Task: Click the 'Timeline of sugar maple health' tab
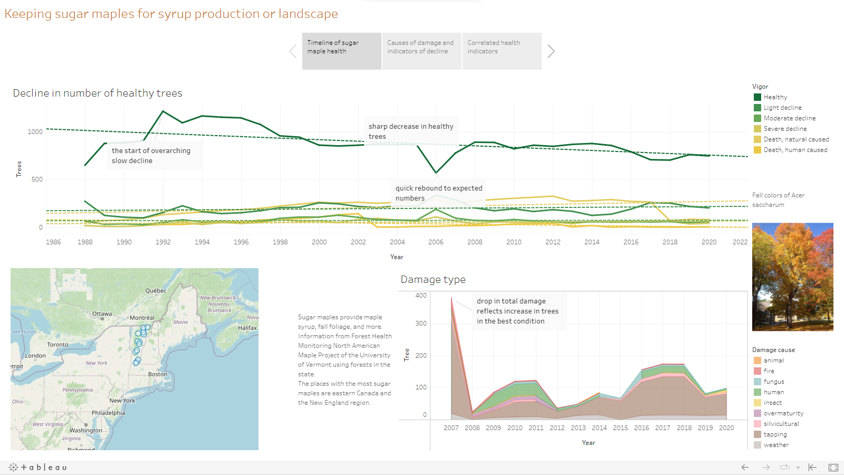[341, 51]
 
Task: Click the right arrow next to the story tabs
[551, 51]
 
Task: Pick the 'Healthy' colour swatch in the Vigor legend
[757, 97]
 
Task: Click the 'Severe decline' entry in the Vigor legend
[785, 129]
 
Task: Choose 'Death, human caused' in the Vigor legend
[795, 150]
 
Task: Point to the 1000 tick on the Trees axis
[35, 132]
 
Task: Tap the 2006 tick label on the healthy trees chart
[436, 242]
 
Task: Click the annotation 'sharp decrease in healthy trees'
[411, 131]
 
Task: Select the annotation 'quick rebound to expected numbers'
[439, 193]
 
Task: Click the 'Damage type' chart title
[433, 280]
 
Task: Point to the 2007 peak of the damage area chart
[452, 298]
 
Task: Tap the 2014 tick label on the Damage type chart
[599, 428]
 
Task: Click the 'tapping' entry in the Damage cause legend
[775, 434]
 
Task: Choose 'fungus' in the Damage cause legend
[773, 382]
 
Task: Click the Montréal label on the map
[142, 318]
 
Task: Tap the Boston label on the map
[158, 374]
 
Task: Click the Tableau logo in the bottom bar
[38, 467]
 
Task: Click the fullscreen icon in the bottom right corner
[833, 467]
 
